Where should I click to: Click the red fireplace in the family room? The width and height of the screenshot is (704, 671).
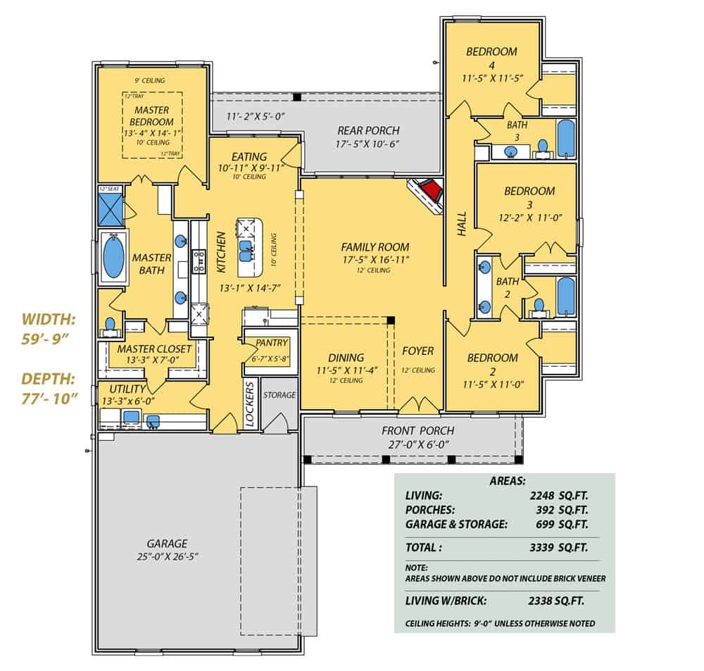429,191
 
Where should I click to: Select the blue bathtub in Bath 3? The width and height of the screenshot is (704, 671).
565,138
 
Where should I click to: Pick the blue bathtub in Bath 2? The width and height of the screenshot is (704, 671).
565,296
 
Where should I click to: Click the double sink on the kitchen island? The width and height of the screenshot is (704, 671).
247,249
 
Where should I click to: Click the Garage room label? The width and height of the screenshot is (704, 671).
167,544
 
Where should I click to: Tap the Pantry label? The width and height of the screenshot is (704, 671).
272,343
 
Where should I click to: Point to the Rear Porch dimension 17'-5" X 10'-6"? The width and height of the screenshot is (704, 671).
368,144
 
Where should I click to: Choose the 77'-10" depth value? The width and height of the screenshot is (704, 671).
49,397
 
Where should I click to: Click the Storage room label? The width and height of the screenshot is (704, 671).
279,395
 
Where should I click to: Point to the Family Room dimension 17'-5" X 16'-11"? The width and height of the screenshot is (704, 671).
375,260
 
